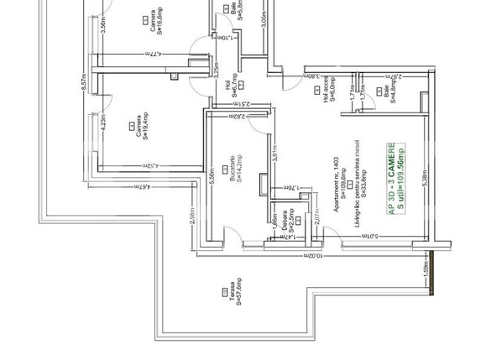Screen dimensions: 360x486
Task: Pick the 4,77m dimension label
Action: tap(147, 56)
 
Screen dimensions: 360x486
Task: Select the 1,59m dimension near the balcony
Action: tap(426, 272)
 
